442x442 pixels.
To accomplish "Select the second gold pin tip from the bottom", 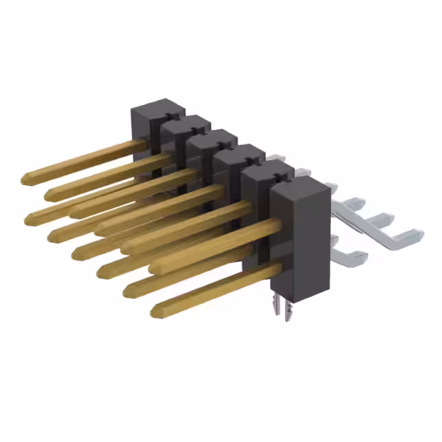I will coord(128,290).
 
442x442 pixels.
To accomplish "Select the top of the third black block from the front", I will coord(240,153).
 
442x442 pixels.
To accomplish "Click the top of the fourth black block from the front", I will coord(214,138).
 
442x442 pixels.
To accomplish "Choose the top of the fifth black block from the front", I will coord(186,123).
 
